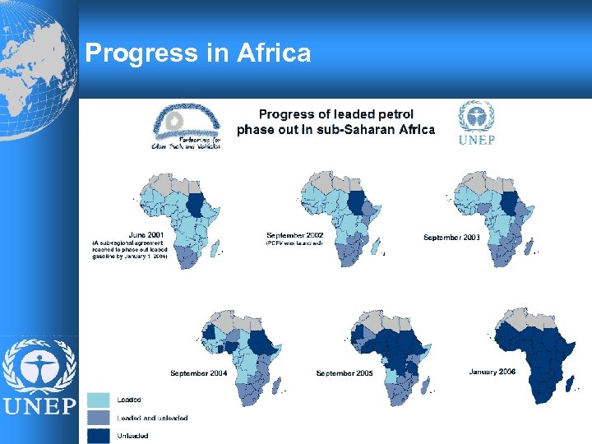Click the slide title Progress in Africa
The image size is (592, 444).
point(198,53)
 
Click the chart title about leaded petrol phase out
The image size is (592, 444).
point(335,122)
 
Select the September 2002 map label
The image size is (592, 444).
point(295,235)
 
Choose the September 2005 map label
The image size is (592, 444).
point(345,373)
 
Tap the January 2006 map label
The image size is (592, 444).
point(493,372)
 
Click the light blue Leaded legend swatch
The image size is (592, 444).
point(99,400)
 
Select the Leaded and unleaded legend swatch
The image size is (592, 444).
point(99,418)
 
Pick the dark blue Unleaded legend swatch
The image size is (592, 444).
point(99,435)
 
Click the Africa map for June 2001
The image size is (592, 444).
point(177,214)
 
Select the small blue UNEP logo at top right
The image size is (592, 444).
point(477,123)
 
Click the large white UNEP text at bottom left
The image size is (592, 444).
point(39,405)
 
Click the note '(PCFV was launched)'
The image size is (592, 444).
point(294,243)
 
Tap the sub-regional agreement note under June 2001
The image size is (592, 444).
point(130,250)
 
